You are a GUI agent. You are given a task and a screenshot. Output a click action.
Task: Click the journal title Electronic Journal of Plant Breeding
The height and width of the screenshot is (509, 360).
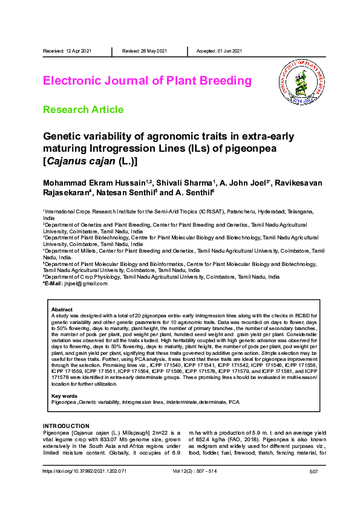(147, 80)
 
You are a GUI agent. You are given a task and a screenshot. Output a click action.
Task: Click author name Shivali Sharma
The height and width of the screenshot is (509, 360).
(187, 183)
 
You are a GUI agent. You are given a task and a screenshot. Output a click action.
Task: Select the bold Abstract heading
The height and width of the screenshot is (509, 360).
(62, 310)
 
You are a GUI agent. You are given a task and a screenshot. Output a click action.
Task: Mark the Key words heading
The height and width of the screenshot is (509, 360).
(65, 396)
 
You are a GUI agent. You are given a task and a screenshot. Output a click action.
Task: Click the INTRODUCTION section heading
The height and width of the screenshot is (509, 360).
(66, 426)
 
